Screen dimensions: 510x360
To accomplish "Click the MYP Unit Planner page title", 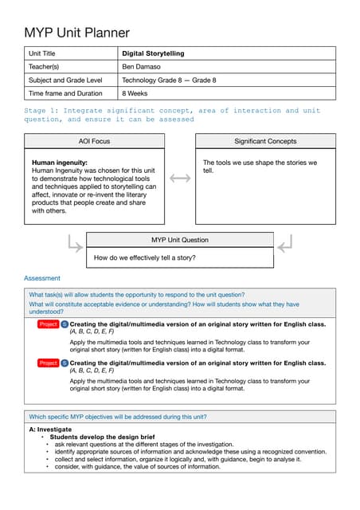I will [76, 33].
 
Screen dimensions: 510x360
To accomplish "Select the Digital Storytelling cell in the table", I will [153, 53].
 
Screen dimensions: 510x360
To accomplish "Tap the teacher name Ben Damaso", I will [142, 67].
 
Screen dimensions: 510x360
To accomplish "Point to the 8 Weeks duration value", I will [135, 93].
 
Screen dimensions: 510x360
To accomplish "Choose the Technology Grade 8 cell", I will [168, 80].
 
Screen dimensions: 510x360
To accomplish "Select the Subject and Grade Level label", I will [65, 80].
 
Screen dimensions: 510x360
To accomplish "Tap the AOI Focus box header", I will [94, 141].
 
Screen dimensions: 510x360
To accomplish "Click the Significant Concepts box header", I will [265, 141].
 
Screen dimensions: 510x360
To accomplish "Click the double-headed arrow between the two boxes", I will [180, 178].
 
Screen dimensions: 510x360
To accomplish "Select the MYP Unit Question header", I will [179, 240].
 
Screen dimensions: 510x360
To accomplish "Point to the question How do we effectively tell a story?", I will [145, 258].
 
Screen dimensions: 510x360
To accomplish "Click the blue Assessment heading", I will [42, 278].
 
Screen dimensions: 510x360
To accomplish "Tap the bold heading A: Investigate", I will [49, 430].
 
